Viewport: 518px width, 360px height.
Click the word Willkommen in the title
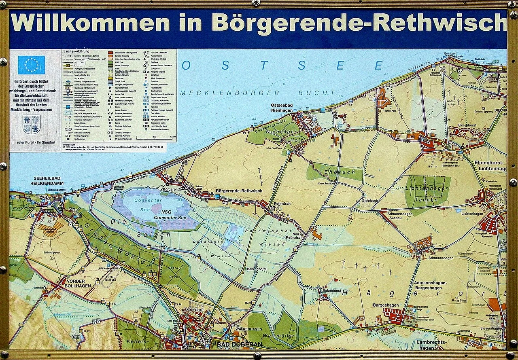click(x=90, y=23)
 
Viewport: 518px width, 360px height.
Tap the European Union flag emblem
click(x=31, y=65)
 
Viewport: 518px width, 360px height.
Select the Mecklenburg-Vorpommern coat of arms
click(x=31, y=124)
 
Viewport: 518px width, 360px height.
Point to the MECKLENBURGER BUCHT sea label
click(x=258, y=93)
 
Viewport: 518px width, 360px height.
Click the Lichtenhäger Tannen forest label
click(x=428, y=194)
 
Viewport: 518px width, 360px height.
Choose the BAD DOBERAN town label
click(x=240, y=345)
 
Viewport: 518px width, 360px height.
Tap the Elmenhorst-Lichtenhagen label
click(x=491, y=165)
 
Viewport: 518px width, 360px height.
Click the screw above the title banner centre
click(x=256, y=3)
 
